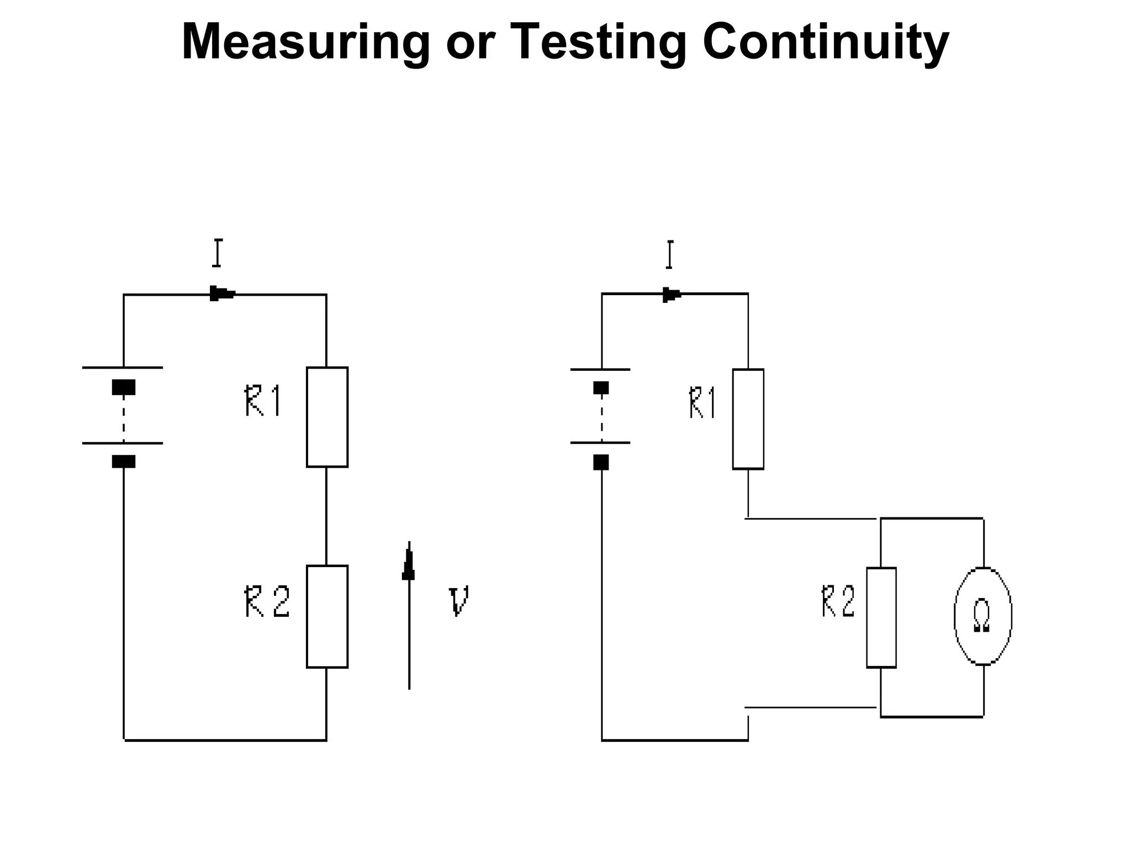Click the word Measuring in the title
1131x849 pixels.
pos(305,43)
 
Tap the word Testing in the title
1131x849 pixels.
pos(599,43)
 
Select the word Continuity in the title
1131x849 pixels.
pos(825,43)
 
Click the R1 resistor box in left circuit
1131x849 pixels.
pos(327,417)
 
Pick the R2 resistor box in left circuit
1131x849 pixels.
pos(327,616)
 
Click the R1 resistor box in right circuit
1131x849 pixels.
pos(748,419)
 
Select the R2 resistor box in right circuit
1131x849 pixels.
pos(881,617)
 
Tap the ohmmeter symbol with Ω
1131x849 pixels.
pos(982,616)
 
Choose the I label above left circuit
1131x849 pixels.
pos(218,253)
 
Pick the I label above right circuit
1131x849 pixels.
pos(669,254)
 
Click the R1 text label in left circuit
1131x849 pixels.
pos(263,401)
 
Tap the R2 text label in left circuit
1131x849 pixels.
pos(267,602)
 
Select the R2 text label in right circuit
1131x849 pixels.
pos(838,601)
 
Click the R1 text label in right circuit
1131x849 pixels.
pos(702,403)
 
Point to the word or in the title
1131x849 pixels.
pos(468,43)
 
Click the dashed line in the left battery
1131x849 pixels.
pos(123,418)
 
